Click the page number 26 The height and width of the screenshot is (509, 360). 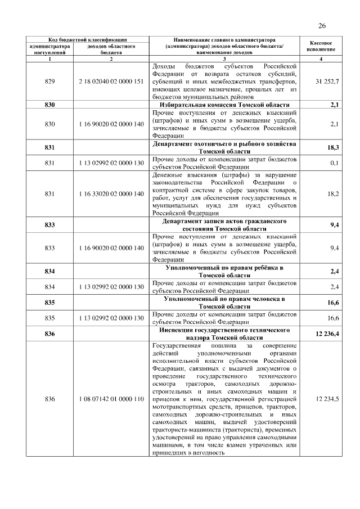pos(322,25)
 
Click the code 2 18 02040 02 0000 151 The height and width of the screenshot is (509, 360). pos(111,82)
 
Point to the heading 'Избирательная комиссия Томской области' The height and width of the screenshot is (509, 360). pos(223,105)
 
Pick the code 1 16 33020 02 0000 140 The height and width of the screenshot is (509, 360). pos(111,193)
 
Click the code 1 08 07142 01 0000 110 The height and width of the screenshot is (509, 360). pos(111,399)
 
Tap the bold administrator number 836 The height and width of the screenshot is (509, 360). pos(49,334)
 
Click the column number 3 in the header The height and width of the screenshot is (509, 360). pos(224,59)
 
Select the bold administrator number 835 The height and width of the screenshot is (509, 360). pos(49,302)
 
